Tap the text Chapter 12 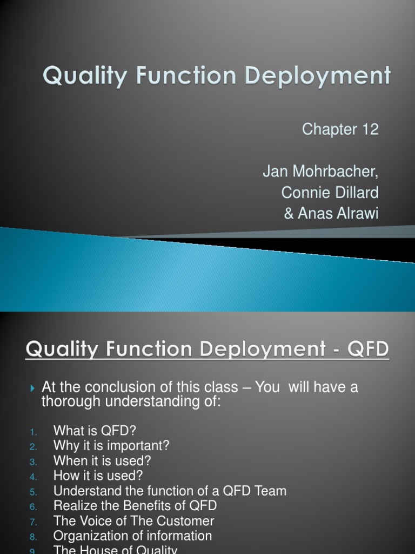click(x=340, y=129)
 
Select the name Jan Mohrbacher click(x=320, y=172)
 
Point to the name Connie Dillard click(x=330, y=193)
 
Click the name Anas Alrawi click(x=338, y=213)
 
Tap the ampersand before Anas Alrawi click(x=289, y=213)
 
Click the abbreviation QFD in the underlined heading click(x=368, y=349)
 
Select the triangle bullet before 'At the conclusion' click(x=33, y=388)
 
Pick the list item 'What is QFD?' click(x=95, y=431)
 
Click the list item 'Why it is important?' click(x=111, y=446)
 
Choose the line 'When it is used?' click(x=102, y=461)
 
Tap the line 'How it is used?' click(x=98, y=476)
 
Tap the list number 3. click(x=33, y=462)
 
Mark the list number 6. click(x=33, y=507)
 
